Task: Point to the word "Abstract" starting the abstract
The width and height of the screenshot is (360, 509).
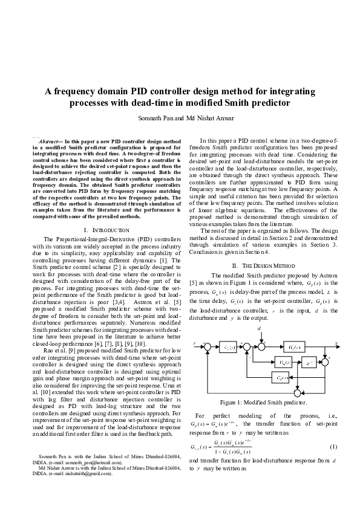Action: (x=48, y=140)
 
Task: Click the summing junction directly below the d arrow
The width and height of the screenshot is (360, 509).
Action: (x=261, y=347)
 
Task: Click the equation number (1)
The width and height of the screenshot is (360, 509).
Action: (x=333, y=446)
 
